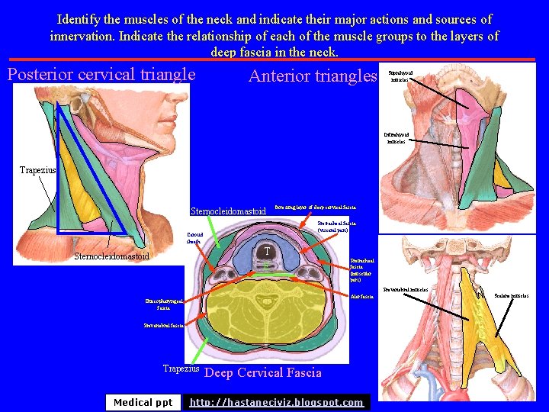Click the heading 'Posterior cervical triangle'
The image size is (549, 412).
coord(101,75)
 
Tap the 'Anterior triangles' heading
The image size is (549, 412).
coord(313,76)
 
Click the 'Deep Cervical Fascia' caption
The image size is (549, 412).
coord(264,373)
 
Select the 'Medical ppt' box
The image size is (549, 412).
coord(143,402)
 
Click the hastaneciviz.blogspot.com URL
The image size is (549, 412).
coord(276,402)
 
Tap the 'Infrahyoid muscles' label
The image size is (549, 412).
coord(397,137)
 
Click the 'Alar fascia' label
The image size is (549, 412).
coord(361,296)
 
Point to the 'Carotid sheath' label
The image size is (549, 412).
coord(194,237)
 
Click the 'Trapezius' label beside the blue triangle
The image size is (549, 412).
coord(37,170)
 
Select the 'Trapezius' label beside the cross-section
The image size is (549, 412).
coord(181,369)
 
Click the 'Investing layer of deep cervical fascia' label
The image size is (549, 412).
coord(315,207)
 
